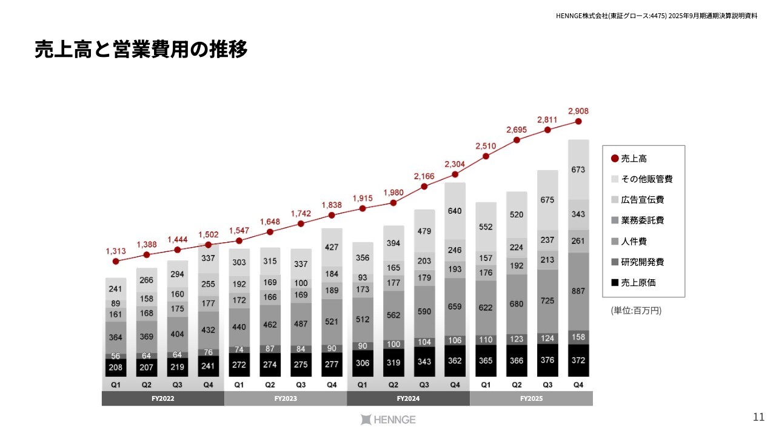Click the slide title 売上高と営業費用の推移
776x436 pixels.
[141, 50]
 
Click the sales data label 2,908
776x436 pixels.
[578, 111]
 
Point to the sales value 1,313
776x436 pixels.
[116, 251]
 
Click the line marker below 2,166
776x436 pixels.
[424, 187]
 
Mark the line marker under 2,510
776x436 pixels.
[486, 156]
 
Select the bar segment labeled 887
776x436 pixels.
[578, 291]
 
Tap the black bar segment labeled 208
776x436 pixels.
[116, 368]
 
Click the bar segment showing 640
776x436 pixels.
[455, 211]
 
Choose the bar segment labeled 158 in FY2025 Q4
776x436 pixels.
[578, 337]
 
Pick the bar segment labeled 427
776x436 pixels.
[332, 247]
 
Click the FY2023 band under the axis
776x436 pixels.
[286, 399]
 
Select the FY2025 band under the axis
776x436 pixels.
[531, 399]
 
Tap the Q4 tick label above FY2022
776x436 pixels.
[209, 385]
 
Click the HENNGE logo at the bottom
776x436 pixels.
[388, 420]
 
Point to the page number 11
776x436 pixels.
[758, 417]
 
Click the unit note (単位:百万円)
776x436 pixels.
[636, 311]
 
